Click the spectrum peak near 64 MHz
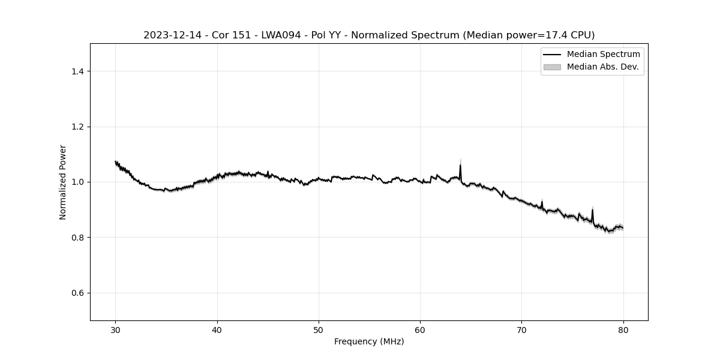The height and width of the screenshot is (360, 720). pos(460,165)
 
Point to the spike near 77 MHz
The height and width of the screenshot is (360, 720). pos(592,209)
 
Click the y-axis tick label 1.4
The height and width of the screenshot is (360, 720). pos(77,71)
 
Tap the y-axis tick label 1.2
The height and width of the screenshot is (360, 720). pos(77,127)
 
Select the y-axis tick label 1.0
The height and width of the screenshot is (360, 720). pos(77,182)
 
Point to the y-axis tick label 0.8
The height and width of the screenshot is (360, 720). pos(77,238)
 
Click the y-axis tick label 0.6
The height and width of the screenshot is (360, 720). pos(77,293)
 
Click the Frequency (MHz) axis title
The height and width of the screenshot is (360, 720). pos(369,341)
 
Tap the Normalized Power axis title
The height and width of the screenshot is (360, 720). pos(63,182)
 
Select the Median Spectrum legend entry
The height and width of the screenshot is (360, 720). pos(603,55)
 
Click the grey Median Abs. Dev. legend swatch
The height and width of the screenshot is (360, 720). pos(551,67)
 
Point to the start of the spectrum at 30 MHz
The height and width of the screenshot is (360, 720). pos(116,161)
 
